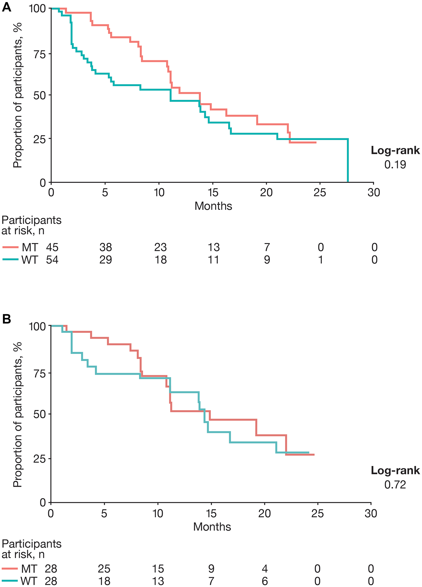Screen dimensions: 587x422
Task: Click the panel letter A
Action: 7,7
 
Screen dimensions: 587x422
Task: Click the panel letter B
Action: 7,319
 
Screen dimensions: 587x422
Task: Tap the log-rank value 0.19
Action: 395,165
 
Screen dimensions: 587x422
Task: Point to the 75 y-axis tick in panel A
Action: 40,54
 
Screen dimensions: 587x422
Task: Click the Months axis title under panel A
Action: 213,206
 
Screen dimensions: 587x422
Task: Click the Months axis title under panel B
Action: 212,527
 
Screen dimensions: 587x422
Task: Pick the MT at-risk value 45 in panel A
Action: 52,247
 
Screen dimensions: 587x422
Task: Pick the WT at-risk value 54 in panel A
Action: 52,260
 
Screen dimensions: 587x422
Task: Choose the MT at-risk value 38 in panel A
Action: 106,247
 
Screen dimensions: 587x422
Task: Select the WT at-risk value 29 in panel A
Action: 106,260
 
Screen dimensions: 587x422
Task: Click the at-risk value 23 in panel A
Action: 161,247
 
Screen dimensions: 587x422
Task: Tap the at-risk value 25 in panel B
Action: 104,569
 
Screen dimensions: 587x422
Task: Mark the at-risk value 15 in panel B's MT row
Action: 158,569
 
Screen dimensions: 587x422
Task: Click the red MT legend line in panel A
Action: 10,247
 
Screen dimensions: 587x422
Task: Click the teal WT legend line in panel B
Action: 10,581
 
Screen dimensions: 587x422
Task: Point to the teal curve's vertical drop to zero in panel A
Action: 348,161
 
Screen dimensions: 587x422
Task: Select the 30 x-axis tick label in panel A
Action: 374,193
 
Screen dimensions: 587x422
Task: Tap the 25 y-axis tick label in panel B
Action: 40,459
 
